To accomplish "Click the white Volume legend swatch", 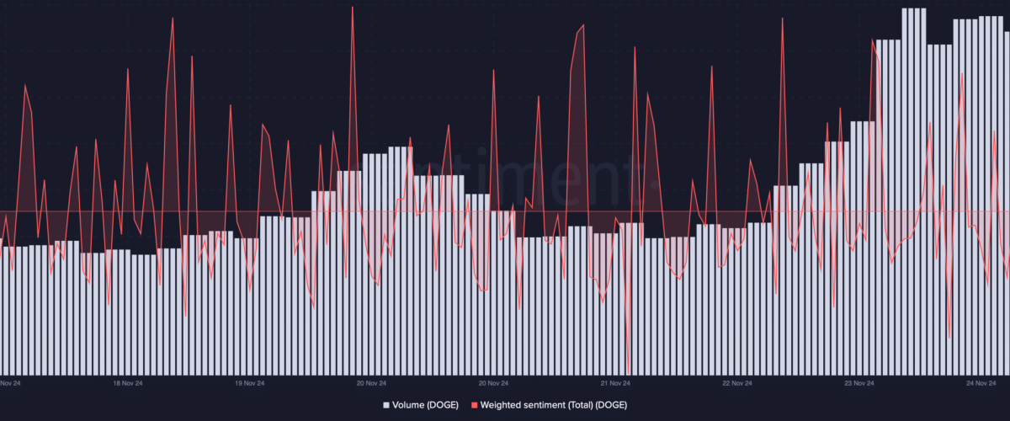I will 386,405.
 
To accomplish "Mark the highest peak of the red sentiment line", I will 353,7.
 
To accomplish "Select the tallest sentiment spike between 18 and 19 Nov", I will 173,18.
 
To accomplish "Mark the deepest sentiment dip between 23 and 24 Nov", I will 949,337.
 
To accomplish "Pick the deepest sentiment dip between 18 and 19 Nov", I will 185,317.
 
